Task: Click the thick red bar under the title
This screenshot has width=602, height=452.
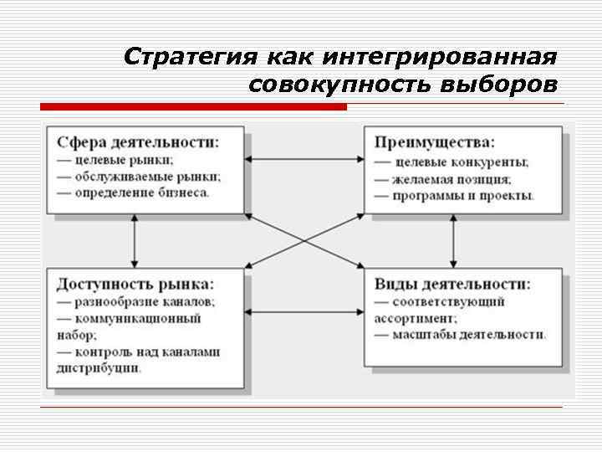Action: tap(193, 107)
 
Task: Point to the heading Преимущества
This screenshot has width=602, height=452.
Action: tap(434, 141)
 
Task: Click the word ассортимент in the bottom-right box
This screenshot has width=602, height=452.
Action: tap(416, 318)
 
